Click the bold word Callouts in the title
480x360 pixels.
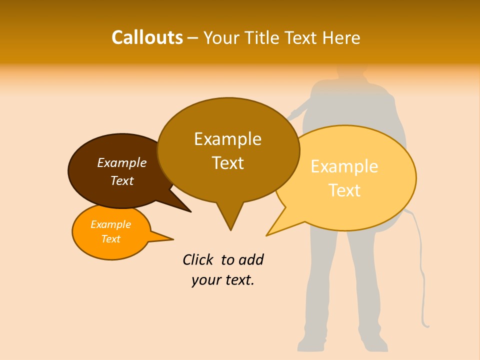pos(147,37)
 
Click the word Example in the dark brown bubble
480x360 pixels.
pos(122,163)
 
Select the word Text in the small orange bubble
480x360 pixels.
pos(111,239)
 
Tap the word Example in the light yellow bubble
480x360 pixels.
pos(344,166)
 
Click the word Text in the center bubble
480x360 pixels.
pos(228,163)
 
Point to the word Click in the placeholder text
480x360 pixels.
pos(198,260)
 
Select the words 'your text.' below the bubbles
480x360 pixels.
pos(223,280)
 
